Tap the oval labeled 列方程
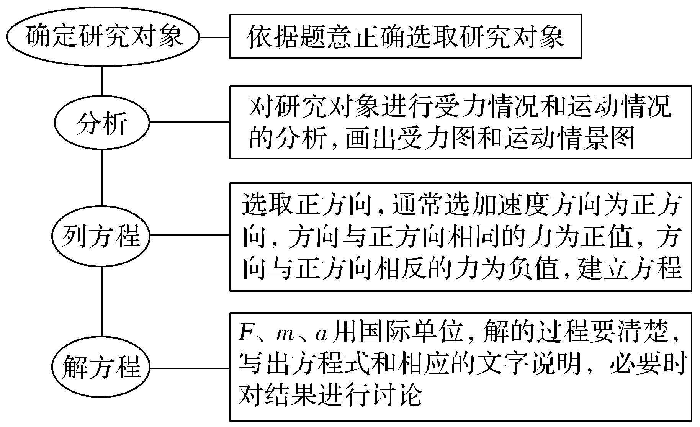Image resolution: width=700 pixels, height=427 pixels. (x=102, y=235)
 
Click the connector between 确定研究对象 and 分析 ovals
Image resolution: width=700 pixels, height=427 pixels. (x=102, y=81)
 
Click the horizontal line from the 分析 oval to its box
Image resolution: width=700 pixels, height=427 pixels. (x=190, y=122)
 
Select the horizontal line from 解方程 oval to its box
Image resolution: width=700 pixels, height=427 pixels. (x=190, y=368)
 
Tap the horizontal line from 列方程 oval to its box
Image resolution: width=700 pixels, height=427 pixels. (x=190, y=235)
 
